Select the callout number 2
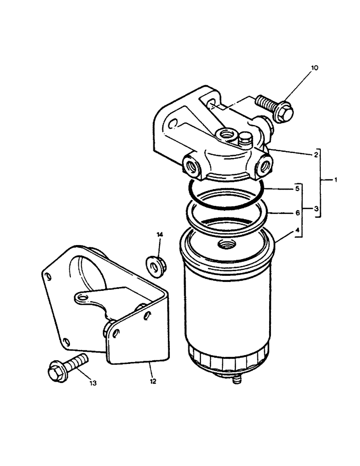pos(316,154)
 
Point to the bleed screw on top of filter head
pos(244,138)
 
